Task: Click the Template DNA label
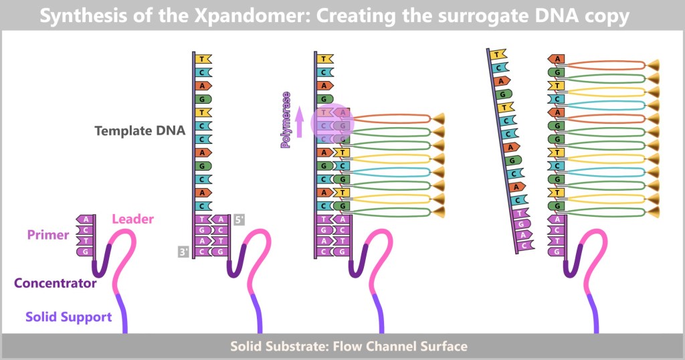pos(140,130)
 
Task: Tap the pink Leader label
pos(132,219)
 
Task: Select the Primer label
pos(48,235)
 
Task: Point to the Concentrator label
pos(56,283)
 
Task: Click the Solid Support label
pos(68,317)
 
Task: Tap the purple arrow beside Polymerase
pos(299,122)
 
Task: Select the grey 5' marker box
pos(240,218)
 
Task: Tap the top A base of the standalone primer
pos(85,219)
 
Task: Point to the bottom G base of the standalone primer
pos(85,251)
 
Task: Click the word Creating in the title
pos(361,16)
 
